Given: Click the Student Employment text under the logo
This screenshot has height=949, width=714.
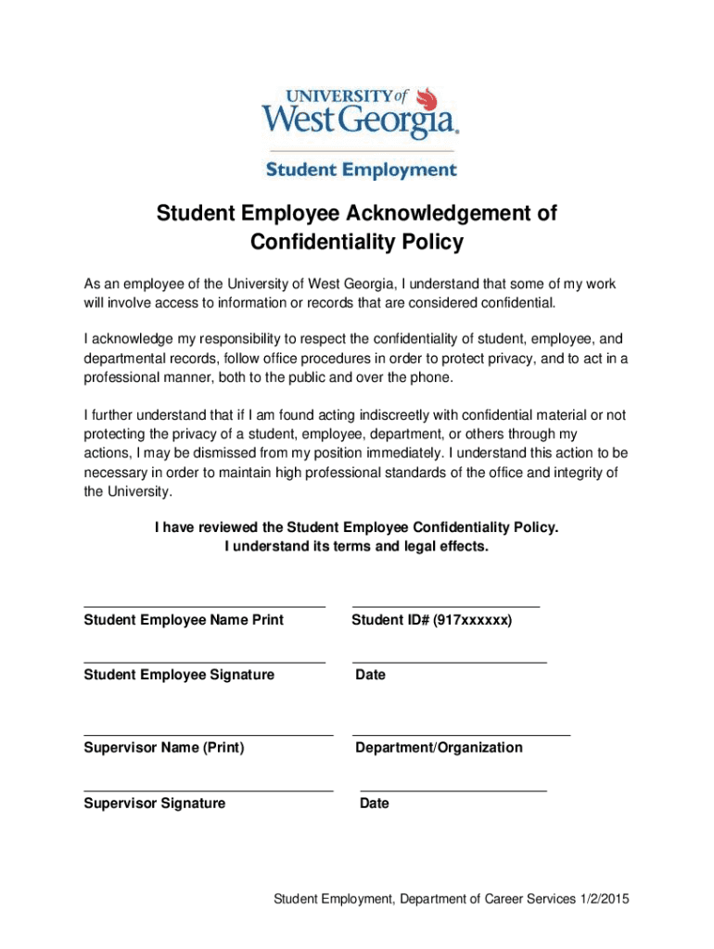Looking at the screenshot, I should [x=362, y=170].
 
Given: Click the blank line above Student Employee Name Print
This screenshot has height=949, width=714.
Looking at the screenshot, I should [x=204, y=606].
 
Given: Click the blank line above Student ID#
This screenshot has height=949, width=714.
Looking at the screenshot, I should [x=445, y=606].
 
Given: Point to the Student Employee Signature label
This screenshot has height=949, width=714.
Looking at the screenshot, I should [x=179, y=675].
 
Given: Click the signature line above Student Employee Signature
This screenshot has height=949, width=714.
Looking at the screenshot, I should [x=204, y=663].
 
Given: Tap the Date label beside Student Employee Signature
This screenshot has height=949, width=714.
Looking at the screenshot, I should [x=370, y=675].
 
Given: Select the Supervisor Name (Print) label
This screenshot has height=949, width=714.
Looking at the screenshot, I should [x=164, y=747].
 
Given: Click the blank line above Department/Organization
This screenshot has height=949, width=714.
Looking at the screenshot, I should [x=461, y=735].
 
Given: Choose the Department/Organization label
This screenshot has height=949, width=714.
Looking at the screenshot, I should [x=439, y=747].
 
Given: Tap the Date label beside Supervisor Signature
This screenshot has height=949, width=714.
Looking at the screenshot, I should [x=375, y=803].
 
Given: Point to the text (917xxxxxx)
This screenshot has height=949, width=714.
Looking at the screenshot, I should [x=472, y=619].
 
